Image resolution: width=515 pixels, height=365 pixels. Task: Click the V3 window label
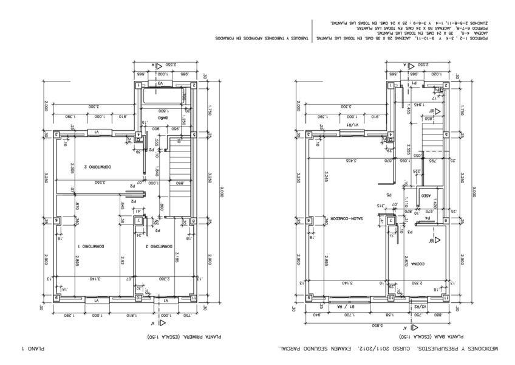162,83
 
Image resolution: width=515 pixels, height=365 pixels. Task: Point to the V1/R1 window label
352,126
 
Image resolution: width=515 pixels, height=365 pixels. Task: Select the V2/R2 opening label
423,307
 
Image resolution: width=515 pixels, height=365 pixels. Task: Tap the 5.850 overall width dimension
377,325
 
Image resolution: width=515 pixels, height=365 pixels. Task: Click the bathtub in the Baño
164,96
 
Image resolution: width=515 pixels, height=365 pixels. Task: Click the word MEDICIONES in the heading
480,349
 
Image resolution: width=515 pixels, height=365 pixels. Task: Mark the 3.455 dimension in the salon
350,161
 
